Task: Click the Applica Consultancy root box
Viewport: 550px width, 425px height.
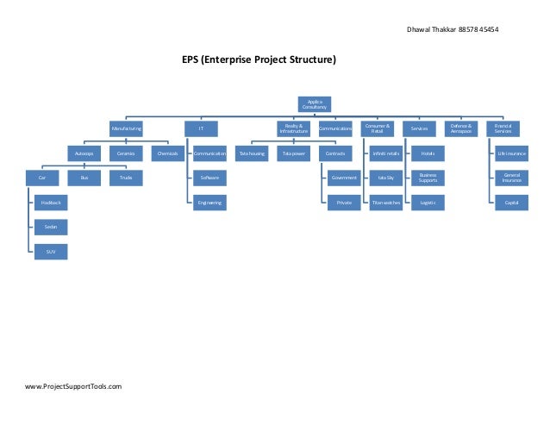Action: point(315,103)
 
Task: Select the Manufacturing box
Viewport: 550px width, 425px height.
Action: point(126,128)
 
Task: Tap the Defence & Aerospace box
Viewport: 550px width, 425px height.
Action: point(461,128)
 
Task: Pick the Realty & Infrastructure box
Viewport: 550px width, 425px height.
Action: point(293,128)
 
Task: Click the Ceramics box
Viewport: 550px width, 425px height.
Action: point(126,153)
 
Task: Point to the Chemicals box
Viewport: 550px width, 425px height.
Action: point(166,153)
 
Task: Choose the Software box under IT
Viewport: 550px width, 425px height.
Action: point(208,178)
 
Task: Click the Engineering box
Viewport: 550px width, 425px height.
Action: point(208,203)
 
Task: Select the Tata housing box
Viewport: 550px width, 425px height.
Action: point(252,153)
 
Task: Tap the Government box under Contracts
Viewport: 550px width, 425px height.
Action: point(342,178)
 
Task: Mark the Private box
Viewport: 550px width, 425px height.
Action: point(342,203)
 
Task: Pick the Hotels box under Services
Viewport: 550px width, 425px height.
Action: point(427,153)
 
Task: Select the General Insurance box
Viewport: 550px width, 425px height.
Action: point(511,178)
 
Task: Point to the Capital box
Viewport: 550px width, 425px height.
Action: point(511,203)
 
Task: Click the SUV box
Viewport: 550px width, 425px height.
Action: point(51,252)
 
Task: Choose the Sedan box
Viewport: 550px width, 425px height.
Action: point(51,227)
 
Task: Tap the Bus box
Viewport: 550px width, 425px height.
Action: point(84,178)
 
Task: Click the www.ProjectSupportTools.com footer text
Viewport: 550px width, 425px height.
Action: point(73,387)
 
